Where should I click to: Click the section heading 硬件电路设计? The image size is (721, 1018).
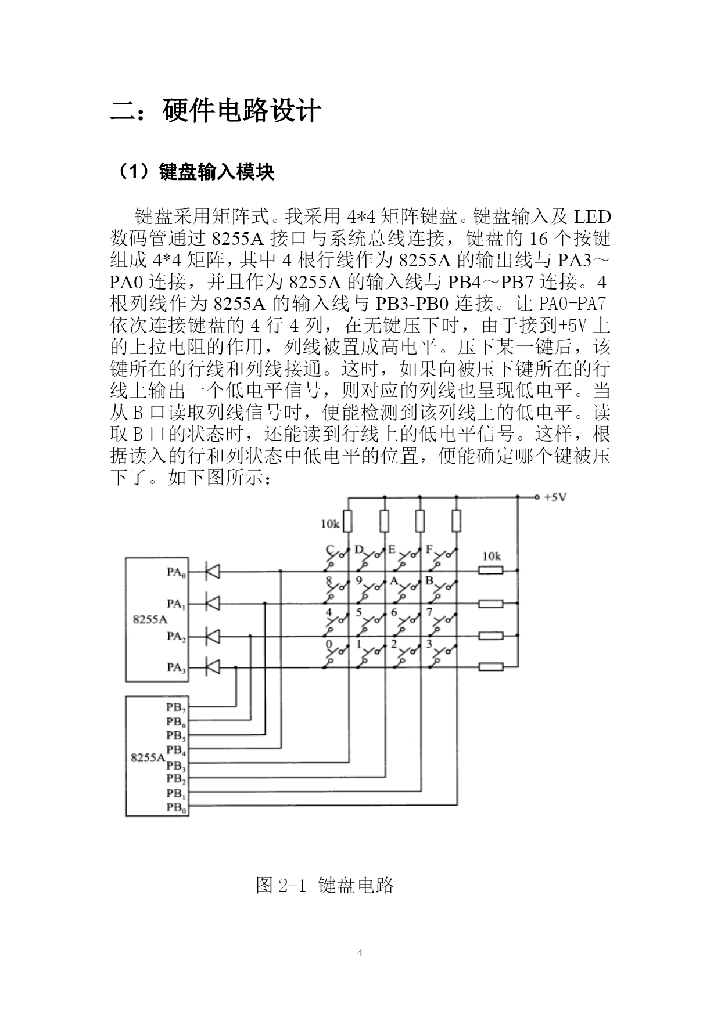click(x=242, y=111)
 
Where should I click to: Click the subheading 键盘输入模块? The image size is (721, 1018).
click(x=216, y=172)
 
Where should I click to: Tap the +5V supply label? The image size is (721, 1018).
click(x=555, y=497)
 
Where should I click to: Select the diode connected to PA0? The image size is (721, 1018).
click(x=213, y=572)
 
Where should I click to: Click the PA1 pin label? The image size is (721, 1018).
click(x=176, y=604)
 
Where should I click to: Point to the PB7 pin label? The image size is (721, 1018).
click(x=176, y=707)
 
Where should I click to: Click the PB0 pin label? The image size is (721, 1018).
click(x=176, y=807)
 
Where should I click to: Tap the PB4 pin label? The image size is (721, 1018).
click(x=176, y=750)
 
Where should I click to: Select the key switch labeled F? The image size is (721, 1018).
click(x=443, y=559)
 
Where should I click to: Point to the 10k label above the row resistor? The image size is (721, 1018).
click(x=491, y=556)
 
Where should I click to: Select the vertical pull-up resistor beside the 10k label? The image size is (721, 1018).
click(x=348, y=521)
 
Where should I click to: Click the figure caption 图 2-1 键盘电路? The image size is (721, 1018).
click(x=325, y=885)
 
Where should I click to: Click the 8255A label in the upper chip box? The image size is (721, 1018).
click(x=150, y=619)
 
